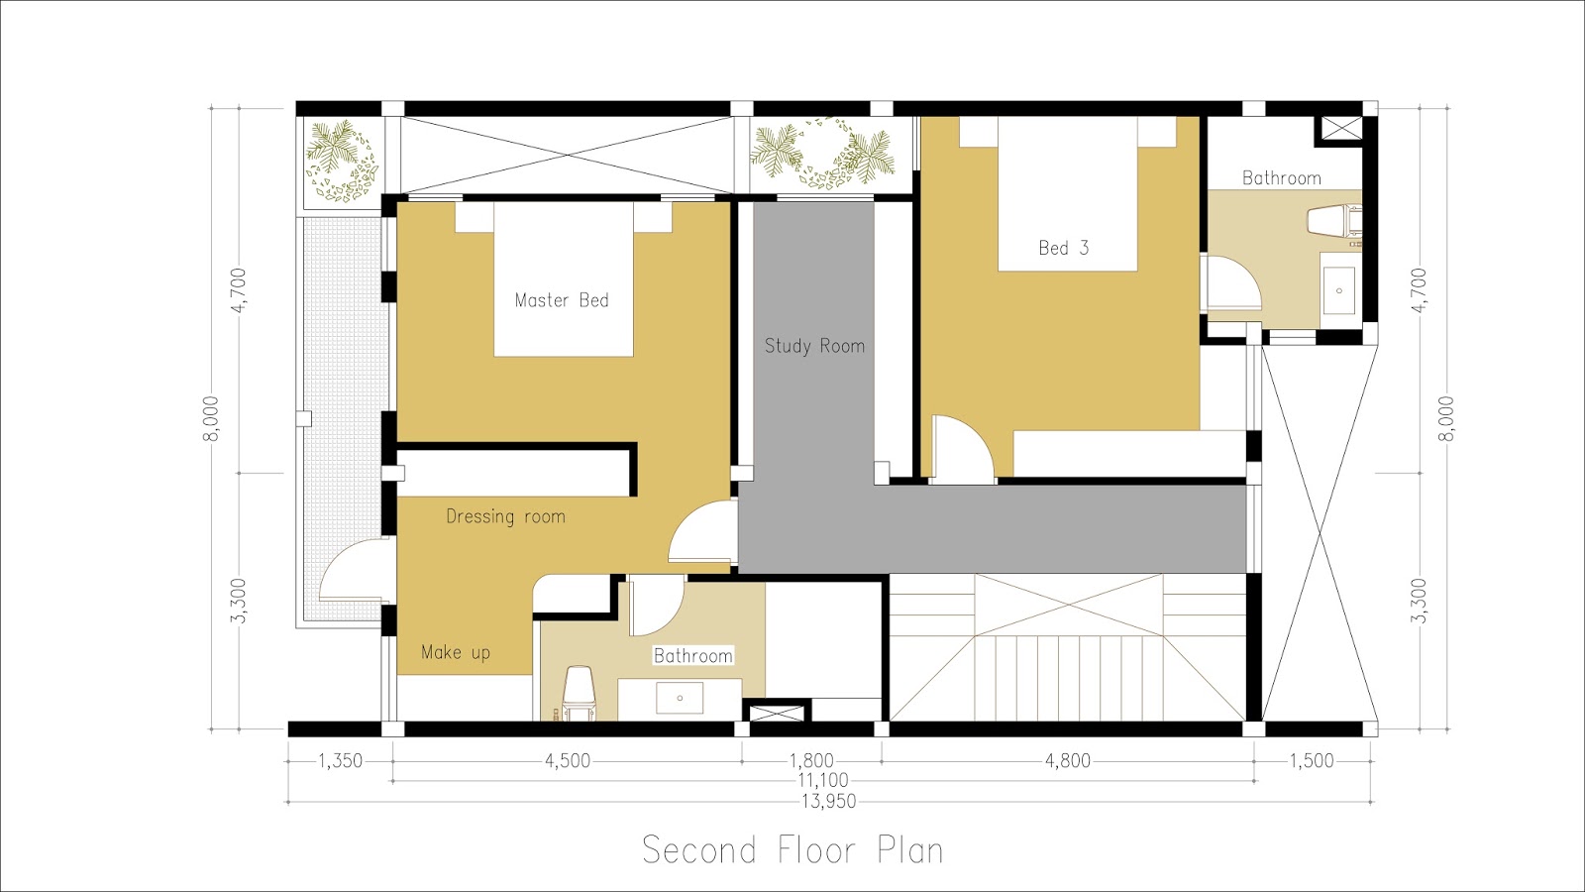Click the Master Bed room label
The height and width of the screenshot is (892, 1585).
(x=562, y=300)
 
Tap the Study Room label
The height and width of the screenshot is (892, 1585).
(x=814, y=346)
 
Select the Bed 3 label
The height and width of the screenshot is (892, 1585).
(x=1063, y=248)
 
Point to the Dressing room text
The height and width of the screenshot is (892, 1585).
(x=505, y=516)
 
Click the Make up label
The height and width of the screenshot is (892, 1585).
(x=456, y=652)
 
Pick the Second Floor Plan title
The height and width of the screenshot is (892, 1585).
(x=792, y=850)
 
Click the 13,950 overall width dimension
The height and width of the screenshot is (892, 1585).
(x=829, y=801)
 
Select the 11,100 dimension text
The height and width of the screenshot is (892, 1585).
(x=823, y=781)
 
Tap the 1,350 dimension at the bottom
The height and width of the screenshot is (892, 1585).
(x=340, y=761)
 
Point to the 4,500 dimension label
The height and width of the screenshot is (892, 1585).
(x=568, y=761)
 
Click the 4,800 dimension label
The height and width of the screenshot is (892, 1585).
(x=1068, y=761)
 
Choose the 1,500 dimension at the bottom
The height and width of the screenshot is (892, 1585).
(x=1312, y=761)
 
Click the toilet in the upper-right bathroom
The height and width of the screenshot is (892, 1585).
(x=1333, y=221)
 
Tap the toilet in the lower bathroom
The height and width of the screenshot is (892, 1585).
(x=579, y=690)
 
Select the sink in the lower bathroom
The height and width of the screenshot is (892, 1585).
(x=680, y=698)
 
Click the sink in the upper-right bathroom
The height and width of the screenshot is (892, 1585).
(x=1339, y=289)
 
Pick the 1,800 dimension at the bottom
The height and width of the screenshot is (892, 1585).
(x=811, y=761)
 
